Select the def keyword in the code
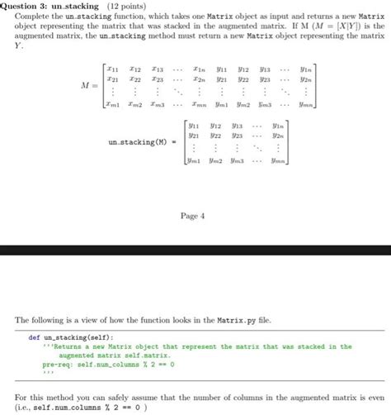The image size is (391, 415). [34, 336]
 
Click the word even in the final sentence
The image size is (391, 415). [375, 395]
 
